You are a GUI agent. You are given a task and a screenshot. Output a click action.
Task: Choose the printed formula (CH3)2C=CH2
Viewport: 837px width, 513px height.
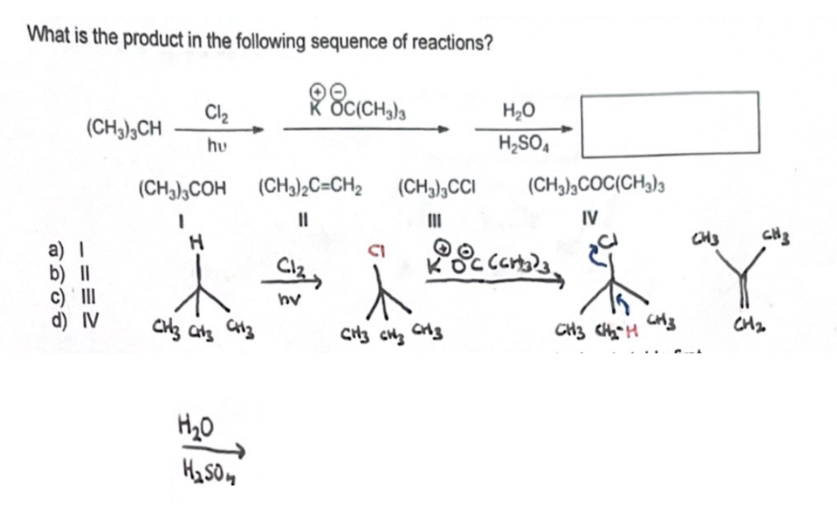click(x=311, y=189)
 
